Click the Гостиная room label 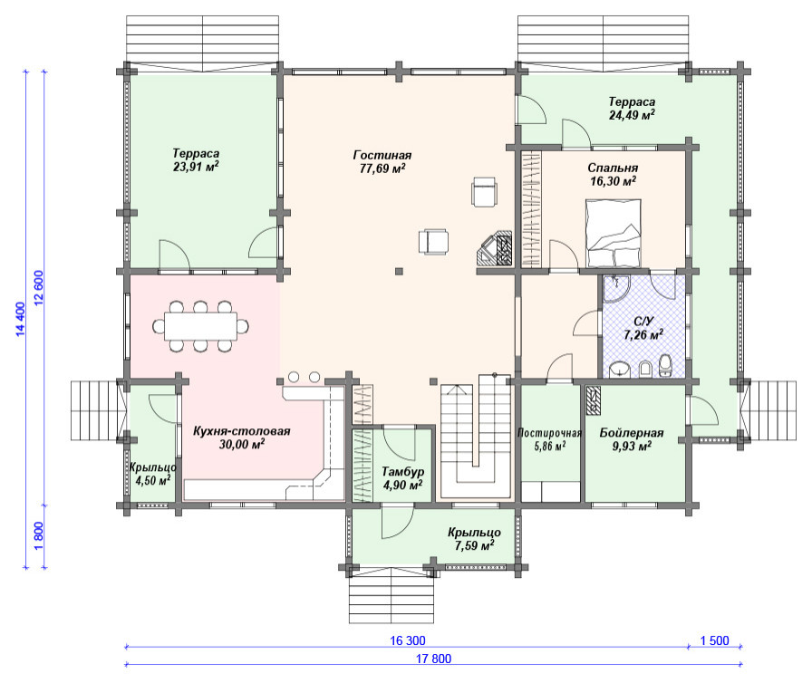[x=382, y=155]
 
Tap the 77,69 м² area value [x=382, y=168]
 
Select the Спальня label [x=613, y=168]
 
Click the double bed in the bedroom [x=614, y=234]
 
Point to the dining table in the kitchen [x=200, y=326]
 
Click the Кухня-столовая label [x=241, y=431]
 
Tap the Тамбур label [x=403, y=471]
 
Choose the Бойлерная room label [x=632, y=433]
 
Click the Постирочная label [x=549, y=433]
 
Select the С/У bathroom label [x=643, y=322]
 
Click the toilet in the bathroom [x=665, y=365]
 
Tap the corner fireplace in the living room [x=495, y=249]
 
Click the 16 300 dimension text [x=408, y=640]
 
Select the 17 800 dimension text [x=433, y=659]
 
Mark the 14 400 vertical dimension [x=20, y=319]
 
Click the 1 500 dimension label [x=715, y=640]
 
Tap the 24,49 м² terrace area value [x=632, y=115]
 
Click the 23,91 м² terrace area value [x=196, y=167]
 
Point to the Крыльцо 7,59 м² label [x=474, y=539]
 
